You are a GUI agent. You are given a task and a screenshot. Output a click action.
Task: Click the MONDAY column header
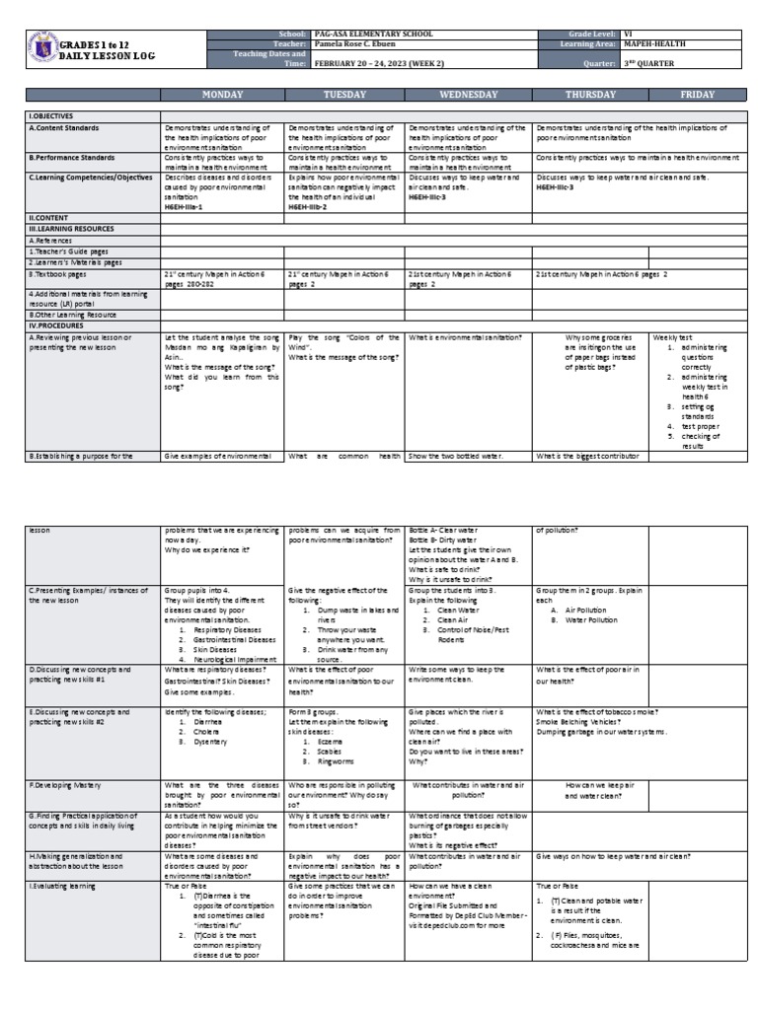click(222, 95)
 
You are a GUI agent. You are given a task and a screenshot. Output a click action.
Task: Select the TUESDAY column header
click(344, 95)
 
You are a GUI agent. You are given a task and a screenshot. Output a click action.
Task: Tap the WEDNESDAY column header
click(468, 95)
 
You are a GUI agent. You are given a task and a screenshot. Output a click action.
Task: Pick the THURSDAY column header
click(590, 95)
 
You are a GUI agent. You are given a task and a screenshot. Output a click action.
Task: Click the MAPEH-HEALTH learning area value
click(654, 43)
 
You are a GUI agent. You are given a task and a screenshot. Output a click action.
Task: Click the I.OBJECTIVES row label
click(51, 115)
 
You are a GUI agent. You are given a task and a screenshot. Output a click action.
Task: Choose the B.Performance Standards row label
click(74, 157)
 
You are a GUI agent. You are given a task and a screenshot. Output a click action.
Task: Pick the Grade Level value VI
click(624, 34)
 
